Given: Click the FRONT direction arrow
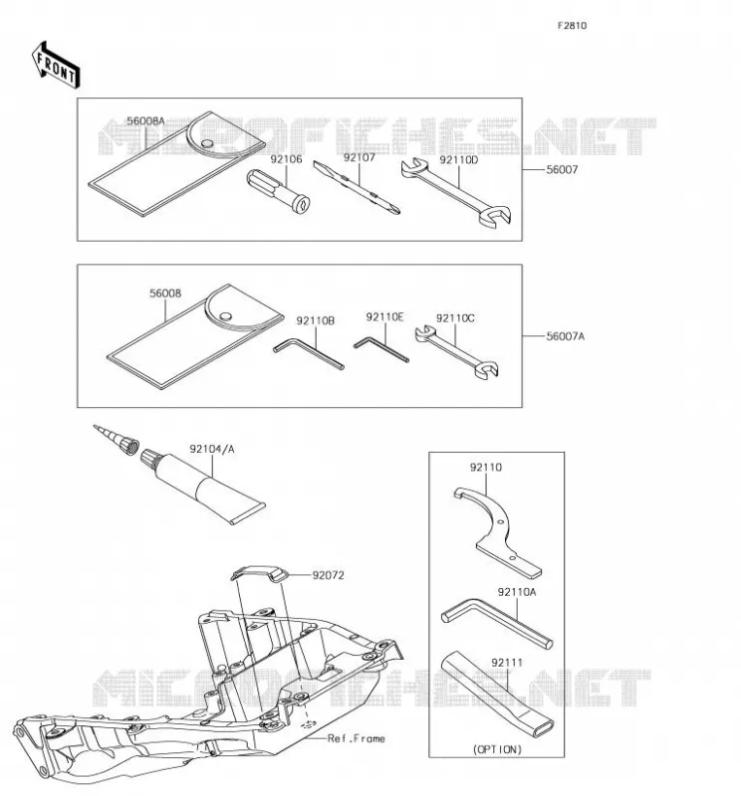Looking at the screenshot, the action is click(56, 66).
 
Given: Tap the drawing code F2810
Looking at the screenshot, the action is click(572, 26).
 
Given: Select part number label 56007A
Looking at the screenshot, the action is click(565, 336).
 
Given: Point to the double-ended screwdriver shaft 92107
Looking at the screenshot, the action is click(357, 187).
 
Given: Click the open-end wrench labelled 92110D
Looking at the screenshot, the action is click(456, 192).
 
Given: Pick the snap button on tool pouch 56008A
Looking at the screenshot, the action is click(206, 143).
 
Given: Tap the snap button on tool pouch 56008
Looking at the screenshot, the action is click(225, 316).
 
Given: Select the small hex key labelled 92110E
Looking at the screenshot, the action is click(381, 350).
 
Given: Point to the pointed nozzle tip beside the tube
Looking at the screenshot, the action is click(116, 440).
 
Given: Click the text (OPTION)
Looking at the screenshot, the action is click(497, 749).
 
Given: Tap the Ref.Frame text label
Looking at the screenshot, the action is click(357, 738).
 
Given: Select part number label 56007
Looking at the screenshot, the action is click(562, 169).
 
